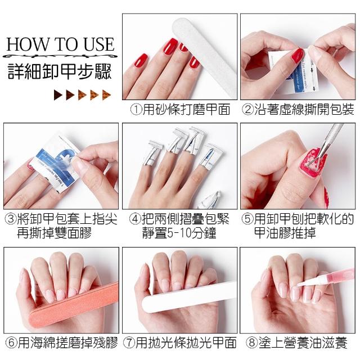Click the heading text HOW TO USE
coord(60,44)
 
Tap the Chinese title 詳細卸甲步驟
coord(60,71)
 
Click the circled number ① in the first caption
coord(136,110)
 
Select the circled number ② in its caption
coord(248,110)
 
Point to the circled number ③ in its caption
coord(11,219)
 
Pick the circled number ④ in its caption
coord(135,219)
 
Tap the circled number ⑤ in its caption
coord(247,219)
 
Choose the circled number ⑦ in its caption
coord(129,343)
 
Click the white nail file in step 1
coord(205,57)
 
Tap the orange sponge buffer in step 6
coord(74,304)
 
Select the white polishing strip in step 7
coord(188,297)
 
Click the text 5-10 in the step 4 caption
coord(179,233)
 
